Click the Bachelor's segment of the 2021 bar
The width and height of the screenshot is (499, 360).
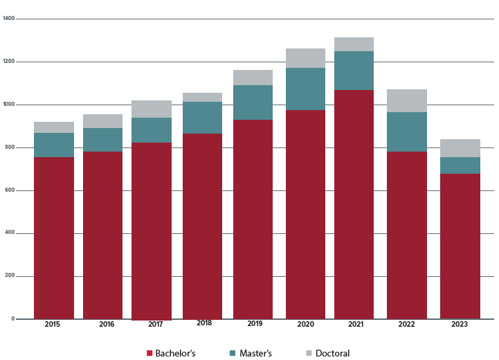pos(354,204)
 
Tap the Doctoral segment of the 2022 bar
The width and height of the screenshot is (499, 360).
pos(407,100)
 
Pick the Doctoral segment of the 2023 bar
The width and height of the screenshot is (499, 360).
pos(460,148)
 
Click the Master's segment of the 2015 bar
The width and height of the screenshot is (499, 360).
pos(54,145)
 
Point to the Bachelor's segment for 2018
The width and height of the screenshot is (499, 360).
pos(202,226)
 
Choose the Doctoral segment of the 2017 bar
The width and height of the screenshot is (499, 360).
pos(152,109)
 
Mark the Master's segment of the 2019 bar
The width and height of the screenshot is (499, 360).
pos(253,102)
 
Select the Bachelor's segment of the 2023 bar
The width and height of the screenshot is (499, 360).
pos(460,246)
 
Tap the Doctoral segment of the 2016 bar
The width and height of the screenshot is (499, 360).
pos(102,121)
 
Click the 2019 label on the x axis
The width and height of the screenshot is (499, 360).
pos(255,324)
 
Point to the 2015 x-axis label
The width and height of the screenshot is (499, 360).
pos(53,324)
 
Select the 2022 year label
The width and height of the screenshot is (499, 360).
pos(407,324)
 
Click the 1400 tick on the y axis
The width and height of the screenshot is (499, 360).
pos(8,19)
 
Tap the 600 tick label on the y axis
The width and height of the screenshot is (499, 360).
pos(8,190)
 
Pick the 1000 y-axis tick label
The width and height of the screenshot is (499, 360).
pos(8,105)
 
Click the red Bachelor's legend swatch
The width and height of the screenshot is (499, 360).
pos(149,353)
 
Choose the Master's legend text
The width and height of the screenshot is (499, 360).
pos(255,353)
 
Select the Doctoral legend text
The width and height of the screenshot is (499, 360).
pos(332,353)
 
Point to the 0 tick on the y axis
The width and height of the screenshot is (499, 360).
pos(12,319)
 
